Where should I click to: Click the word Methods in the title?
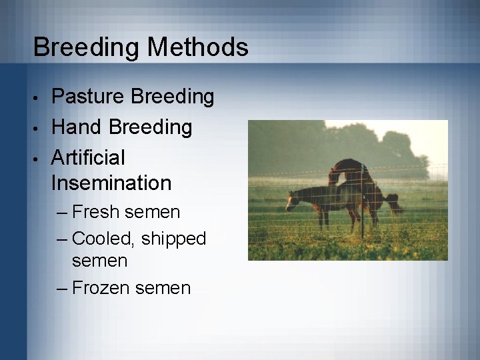click(198, 47)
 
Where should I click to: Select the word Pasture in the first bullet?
click(88, 97)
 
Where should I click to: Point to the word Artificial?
click(88, 158)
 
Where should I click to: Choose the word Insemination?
click(111, 182)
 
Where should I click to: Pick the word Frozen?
click(101, 288)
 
